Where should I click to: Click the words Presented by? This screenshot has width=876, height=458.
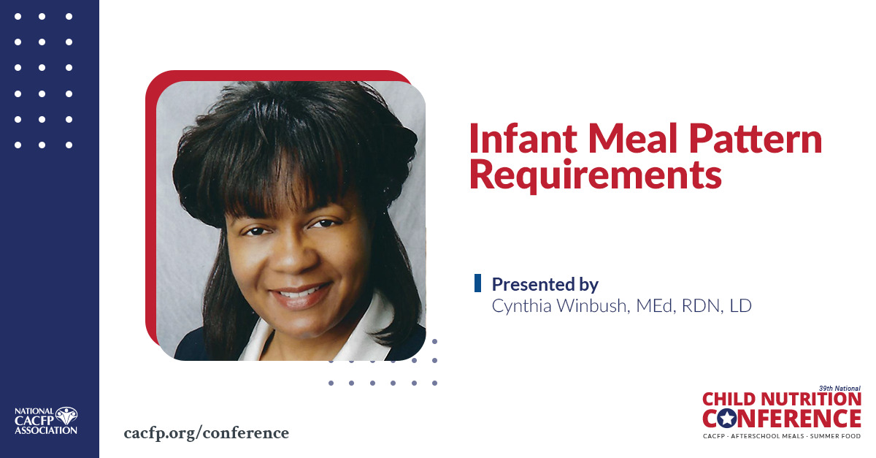point(545,283)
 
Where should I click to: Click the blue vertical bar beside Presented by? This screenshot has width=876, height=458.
point(477,283)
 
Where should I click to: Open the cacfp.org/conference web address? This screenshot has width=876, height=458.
point(207,432)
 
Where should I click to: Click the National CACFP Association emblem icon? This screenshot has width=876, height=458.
point(66,416)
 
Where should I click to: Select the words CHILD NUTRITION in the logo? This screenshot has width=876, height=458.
point(781,400)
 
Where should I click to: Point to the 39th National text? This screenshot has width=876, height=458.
point(839,388)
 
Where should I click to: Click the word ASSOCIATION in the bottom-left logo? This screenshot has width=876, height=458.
point(45,430)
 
